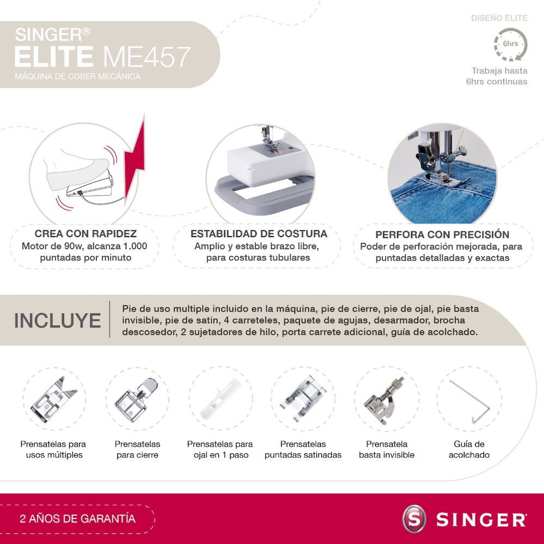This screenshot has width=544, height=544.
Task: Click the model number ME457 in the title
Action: point(147,57)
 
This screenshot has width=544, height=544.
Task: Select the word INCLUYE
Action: point(57,320)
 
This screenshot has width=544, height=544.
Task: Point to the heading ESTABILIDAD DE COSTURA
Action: point(258,234)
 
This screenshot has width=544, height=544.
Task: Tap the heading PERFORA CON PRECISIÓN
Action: point(442,234)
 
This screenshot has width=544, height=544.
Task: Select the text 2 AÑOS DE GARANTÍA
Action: point(77,518)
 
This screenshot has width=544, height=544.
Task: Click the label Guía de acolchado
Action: point(469,449)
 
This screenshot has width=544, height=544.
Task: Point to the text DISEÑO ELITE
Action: point(499,18)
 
